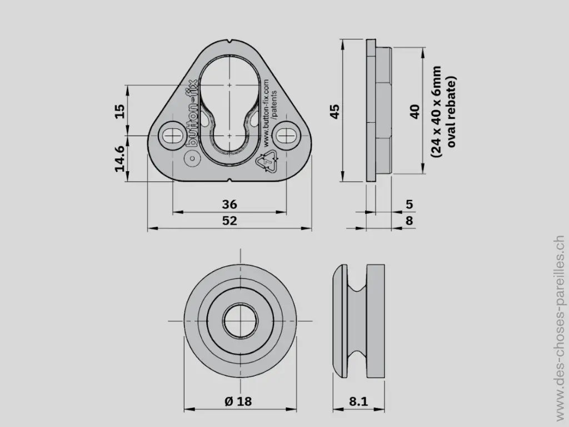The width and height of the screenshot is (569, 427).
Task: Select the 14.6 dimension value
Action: coord(119,158)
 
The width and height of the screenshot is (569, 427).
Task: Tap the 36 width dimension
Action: coord(229,204)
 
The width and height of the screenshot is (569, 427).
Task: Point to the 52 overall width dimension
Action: coord(229,221)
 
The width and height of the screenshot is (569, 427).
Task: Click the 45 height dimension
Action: coord(334,111)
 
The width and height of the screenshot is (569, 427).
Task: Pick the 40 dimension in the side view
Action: coord(414,111)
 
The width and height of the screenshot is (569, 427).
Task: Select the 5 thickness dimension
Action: coord(409,204)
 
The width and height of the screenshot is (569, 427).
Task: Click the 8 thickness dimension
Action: coord(409,221)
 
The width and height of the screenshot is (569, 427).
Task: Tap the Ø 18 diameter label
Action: coord(238,401)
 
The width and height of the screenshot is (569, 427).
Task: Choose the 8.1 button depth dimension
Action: coord(358,401)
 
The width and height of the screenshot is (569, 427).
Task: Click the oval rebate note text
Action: coord(445,111)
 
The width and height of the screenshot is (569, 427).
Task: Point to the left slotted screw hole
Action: coord(173,134)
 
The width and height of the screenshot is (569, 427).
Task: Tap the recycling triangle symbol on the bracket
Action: coord(267,162)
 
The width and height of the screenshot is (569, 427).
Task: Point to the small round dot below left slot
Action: coord(192,159)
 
